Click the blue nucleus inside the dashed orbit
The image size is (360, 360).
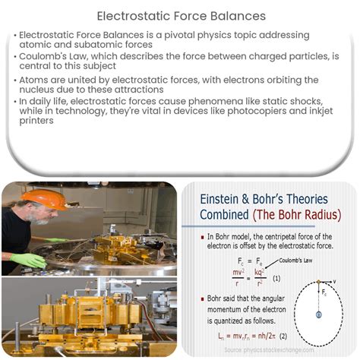click(319, 314)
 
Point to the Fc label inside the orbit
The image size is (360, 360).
click(325, 293)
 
